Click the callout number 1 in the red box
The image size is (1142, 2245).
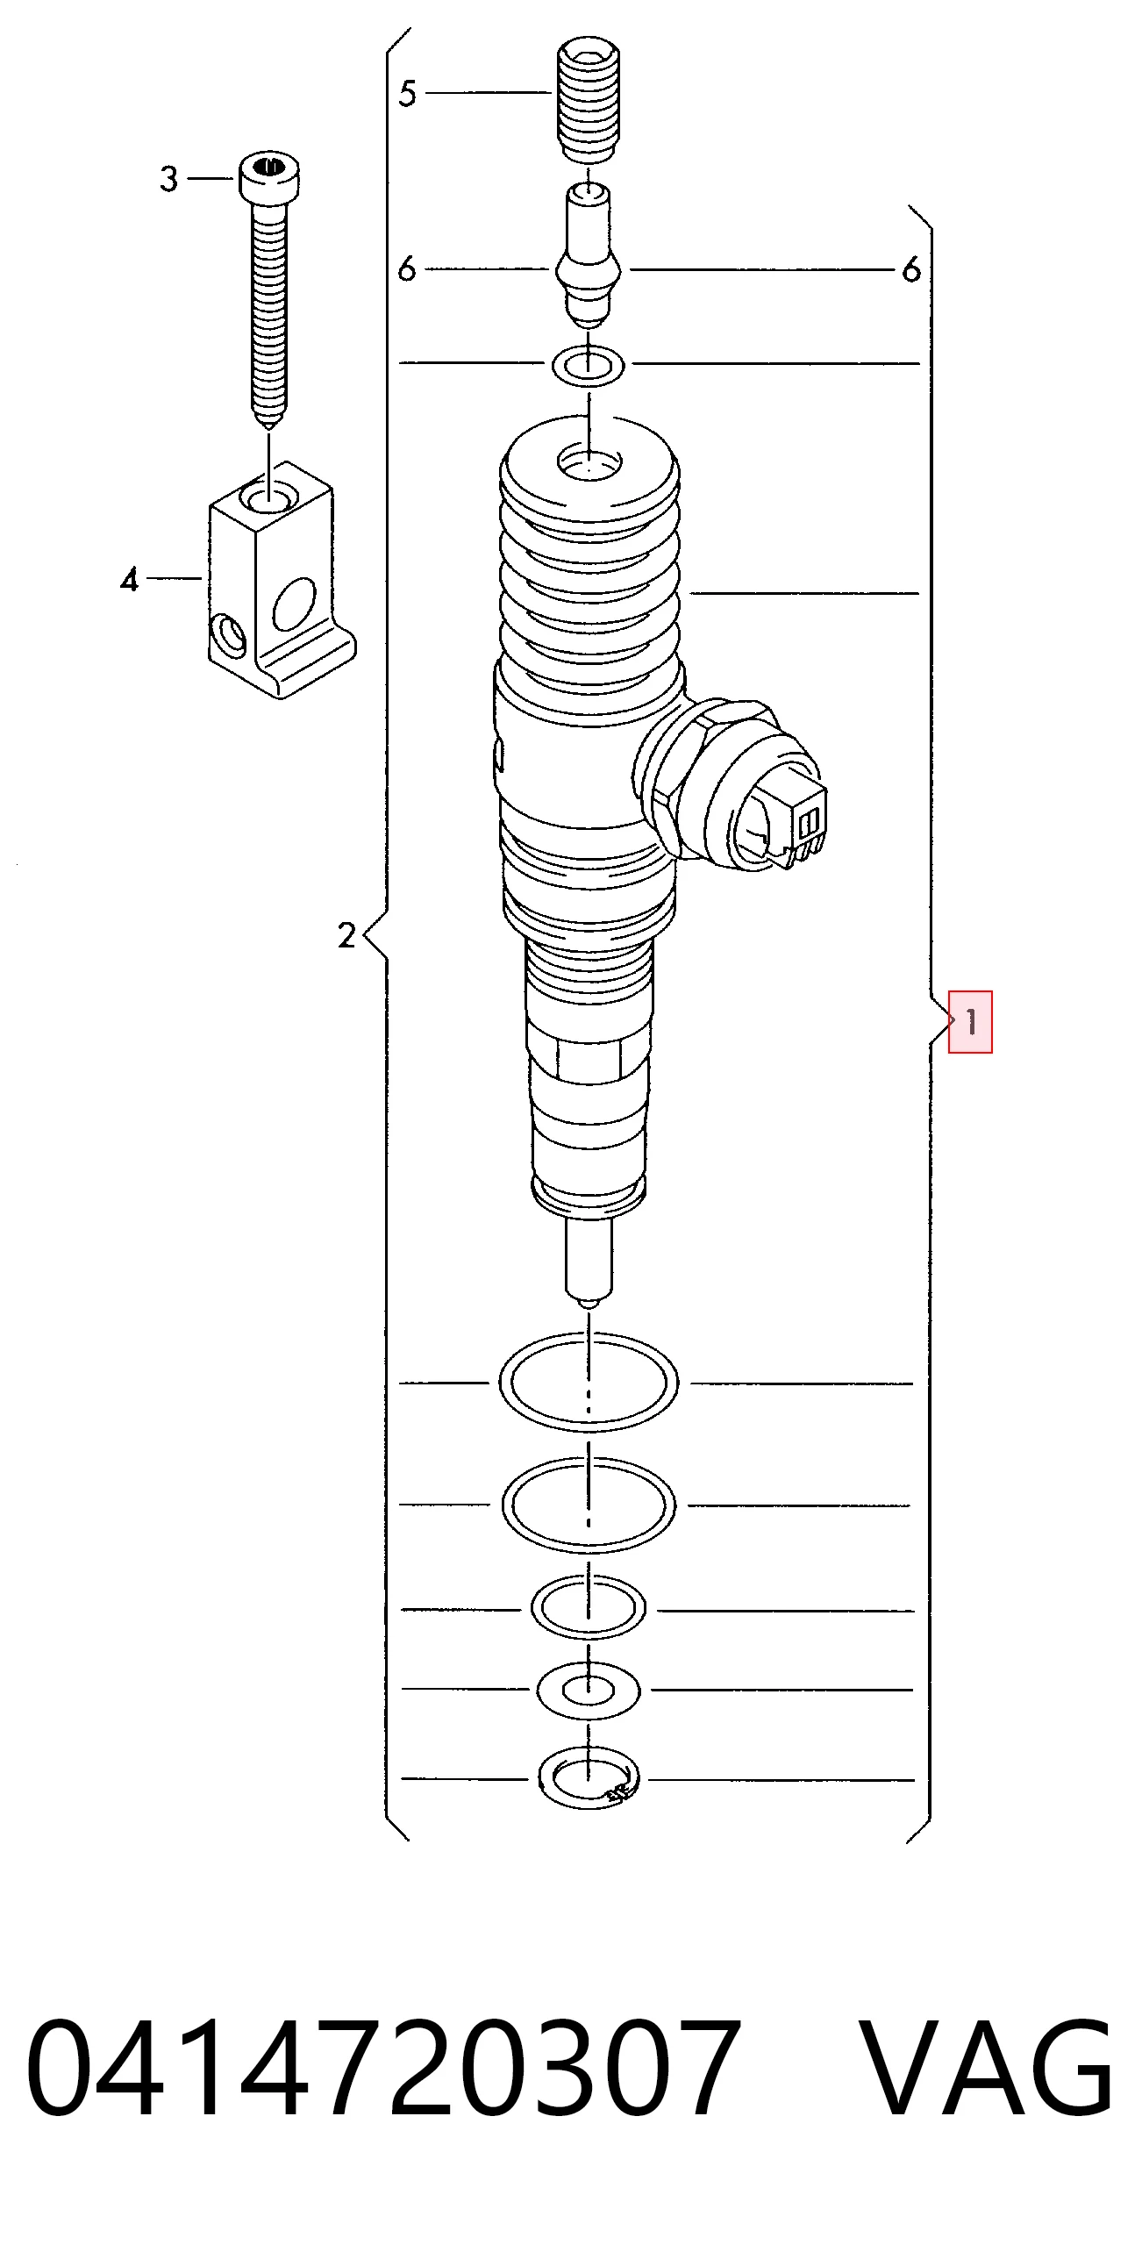click(971, 1021)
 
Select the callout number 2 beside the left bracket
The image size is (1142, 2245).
click(347, 935)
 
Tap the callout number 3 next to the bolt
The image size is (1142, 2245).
click(169, 179)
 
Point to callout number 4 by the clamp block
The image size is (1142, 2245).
click(130, 579)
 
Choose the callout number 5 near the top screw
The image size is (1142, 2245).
click(407, 93)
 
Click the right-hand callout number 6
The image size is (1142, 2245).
click(912, 269)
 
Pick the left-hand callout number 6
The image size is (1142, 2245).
click(407, 268)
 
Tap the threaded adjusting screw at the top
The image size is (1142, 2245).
click(589, 99)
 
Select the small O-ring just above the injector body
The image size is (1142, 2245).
click(588, 366)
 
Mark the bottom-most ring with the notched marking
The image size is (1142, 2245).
click(589, 1779)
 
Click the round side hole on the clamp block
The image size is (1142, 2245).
click(294, 604)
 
